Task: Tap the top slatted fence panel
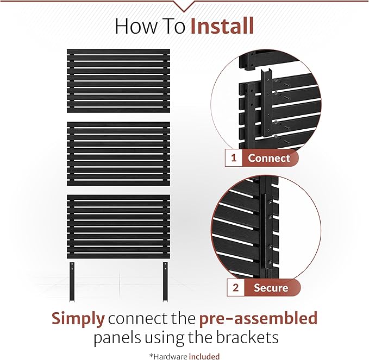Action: (118, 81)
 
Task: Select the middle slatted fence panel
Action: (118, 154)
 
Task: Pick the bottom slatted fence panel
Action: (118, 226)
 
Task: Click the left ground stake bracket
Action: (72, 282)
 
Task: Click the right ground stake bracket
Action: (165, 282)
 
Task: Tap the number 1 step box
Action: (234, 158)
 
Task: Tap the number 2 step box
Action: (235, 288)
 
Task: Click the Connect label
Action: (269, 158)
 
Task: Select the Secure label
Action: (271, 288)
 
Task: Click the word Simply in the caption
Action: (78, 319)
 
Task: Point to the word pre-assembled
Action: (258, 319)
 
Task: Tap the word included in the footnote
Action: (204, 356)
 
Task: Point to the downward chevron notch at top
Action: (184, 6)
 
